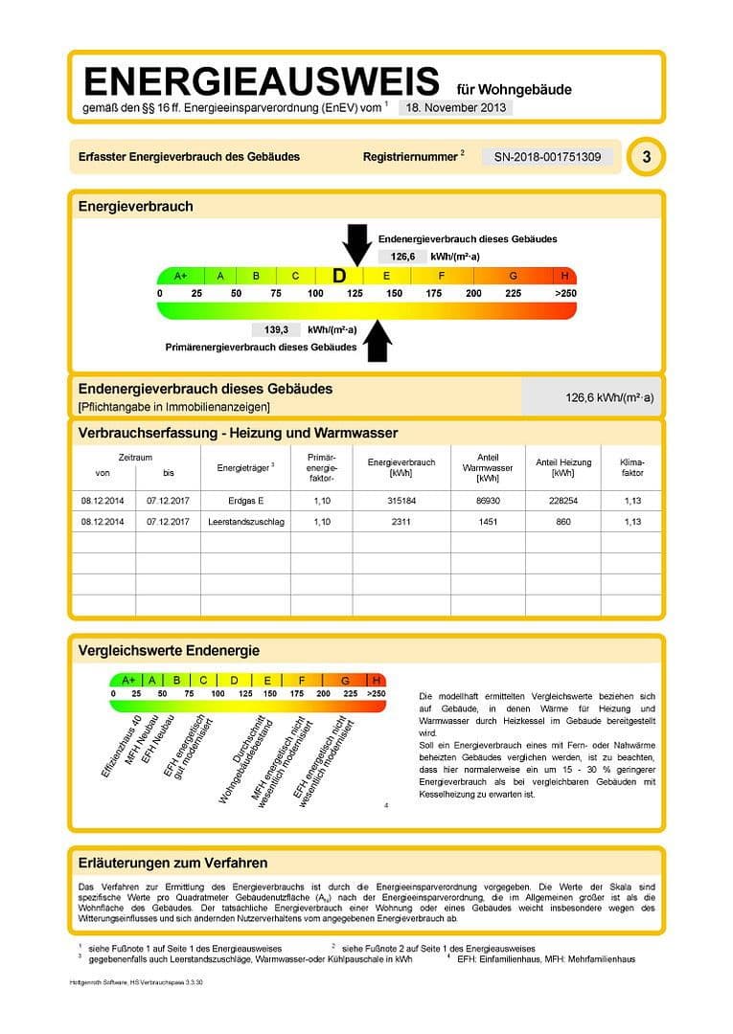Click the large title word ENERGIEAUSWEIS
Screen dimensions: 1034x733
pos(262,80)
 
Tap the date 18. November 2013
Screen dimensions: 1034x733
pos(454,108)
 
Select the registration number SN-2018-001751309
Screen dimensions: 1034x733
pos(547,156)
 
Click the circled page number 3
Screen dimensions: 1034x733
pos(647,156)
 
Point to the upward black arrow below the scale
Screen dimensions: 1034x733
pos(379,340)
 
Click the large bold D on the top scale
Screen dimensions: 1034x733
pos(339,276)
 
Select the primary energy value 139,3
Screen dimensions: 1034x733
pos(276,329)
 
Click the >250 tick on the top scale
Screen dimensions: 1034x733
pos(565,293)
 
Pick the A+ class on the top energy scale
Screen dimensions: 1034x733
pos(180,276)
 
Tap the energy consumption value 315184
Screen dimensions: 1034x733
pos(401,499)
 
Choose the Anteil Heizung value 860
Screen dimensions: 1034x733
pos(562,522)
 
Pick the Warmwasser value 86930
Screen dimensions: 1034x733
pos(488,499)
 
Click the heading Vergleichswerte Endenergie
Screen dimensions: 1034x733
pos(169,651)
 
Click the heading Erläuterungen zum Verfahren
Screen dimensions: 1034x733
pos(172,863)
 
